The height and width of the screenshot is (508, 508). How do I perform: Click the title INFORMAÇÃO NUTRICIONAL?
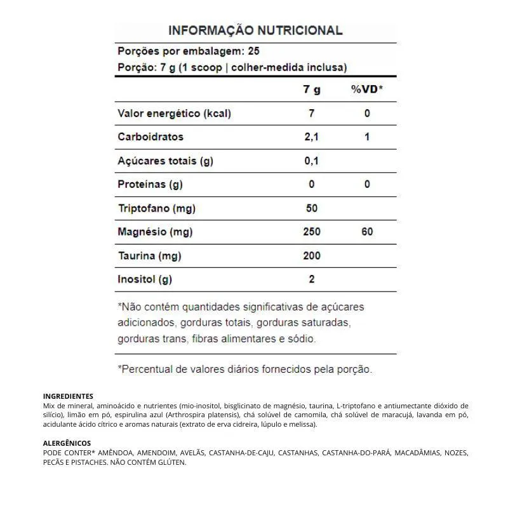(x=255, y=30)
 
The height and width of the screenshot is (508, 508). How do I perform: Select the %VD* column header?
(x=367, y=90)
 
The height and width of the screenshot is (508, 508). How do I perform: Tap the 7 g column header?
(x=311, y=90)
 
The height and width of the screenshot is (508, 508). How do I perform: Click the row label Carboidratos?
(x=150, y=137)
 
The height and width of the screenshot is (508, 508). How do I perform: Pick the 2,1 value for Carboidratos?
(x=311, y=137)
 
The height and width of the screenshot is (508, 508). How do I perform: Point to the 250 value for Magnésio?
(x=311, y=232)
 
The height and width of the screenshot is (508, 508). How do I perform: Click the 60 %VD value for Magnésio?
(x=367, y=232)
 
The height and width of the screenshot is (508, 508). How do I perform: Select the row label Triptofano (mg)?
(x=156, y=208)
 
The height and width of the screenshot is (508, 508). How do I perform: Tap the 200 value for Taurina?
(x=311, y=256)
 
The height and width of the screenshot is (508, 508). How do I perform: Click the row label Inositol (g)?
(x=145, y=279)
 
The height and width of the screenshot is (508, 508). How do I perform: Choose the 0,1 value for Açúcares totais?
(x=311, y=161)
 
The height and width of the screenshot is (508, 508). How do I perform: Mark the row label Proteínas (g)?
(x=150, y=185)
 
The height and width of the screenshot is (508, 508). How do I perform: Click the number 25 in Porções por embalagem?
(x=254, y=51)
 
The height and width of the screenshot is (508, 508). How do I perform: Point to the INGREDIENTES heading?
(x=68, y=396)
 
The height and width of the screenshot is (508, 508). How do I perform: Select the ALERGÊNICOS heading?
(x=67, y=443)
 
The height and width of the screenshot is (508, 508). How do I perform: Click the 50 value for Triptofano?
(x=311, y=208)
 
